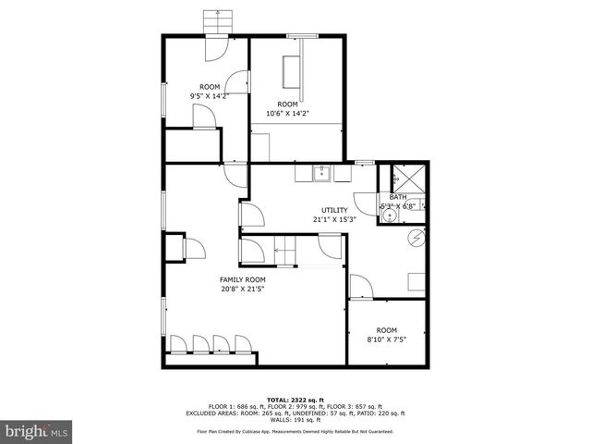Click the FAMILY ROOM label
click(x=243, y=279)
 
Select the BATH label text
click(x=398, y=197)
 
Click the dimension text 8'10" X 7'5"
click(x=385, y=339)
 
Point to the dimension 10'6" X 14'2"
click(x=287, y=114)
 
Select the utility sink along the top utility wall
click(x=320, y=173)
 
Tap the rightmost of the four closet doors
click(x=245, y=343)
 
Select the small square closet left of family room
click(x=173, y=247)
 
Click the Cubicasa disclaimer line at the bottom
click(x=295, y=432)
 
